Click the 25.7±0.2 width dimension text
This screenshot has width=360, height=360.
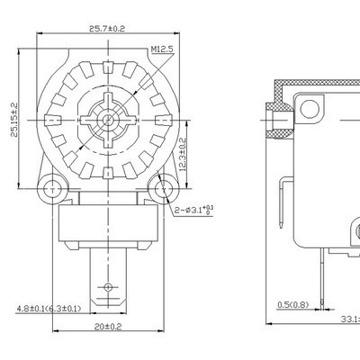coord(105,30)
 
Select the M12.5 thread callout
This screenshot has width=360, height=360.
coord(161,49)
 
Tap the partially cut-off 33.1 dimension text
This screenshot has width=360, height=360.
coord(349,318)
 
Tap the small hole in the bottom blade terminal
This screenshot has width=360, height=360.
coord(106,287)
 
